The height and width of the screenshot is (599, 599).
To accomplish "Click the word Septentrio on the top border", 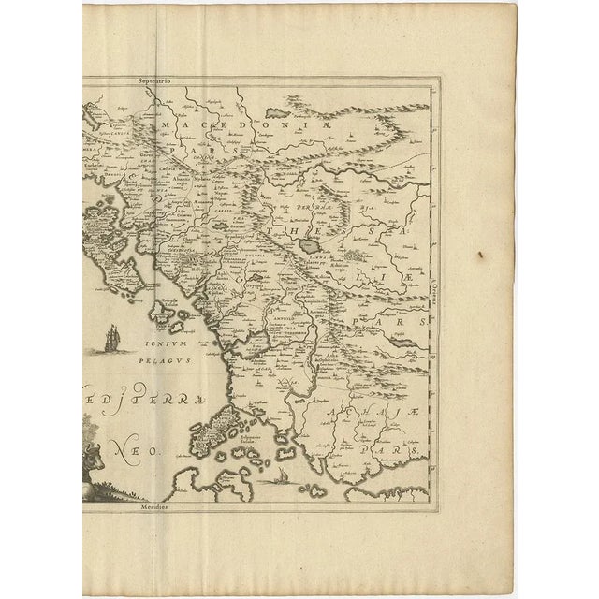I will (x=157, y=82).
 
